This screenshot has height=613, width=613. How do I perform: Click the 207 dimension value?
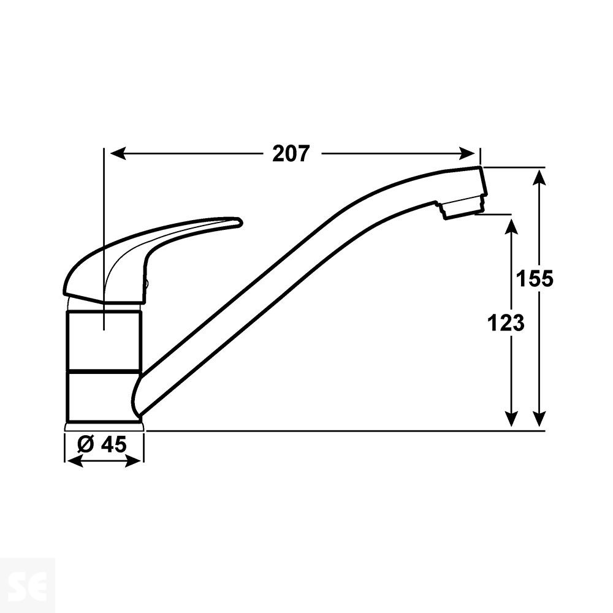(x=291, y=153)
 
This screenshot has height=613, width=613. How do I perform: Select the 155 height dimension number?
(x=535, y=279)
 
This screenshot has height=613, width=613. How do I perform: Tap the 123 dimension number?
(x=506, y=322)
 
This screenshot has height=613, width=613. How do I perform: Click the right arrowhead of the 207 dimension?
(x=470, y=153)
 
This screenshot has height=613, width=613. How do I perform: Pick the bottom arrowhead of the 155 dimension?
(x=539, y=419)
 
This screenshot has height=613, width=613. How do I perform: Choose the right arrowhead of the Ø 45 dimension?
(x=137, y=461)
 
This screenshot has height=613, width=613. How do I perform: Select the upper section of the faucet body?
(x=103, y=340)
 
